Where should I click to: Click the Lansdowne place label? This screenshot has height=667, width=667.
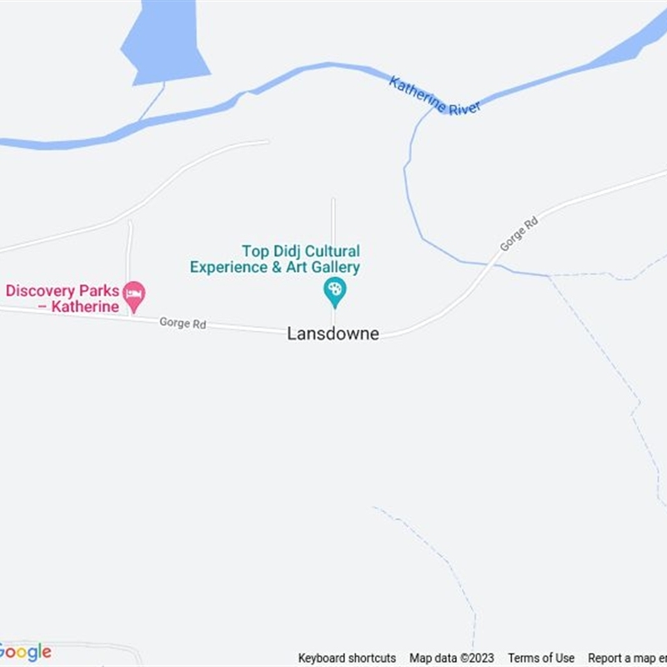coord(333,333)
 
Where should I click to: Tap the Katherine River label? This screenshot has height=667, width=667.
coord(434,95)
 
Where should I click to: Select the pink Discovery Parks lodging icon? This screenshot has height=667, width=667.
coord(133,293)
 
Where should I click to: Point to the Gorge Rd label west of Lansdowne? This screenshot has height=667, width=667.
coord(183,323)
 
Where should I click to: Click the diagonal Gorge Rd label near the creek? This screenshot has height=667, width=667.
coord(519,234)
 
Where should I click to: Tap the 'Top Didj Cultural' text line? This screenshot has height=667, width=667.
coord(300,251)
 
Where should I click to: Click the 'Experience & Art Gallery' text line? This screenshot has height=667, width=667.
coord(275,268)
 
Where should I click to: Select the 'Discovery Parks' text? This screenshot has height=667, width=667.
coord(63,291)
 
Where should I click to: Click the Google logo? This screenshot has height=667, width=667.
coord(25,652)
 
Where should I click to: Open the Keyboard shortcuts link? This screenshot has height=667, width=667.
coord(347,658)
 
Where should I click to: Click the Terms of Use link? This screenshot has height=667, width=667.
coord(541,658)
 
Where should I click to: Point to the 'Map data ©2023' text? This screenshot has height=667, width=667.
coord(451,658)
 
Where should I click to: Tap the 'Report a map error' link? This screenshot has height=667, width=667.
coord(627,658)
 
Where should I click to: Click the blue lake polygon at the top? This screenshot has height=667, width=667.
coord(164,42)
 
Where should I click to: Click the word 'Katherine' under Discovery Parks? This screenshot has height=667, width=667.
coord(83,307)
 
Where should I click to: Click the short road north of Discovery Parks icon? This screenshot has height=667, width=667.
coord(129,250)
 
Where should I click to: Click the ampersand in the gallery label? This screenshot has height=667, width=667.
coord(273,268)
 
